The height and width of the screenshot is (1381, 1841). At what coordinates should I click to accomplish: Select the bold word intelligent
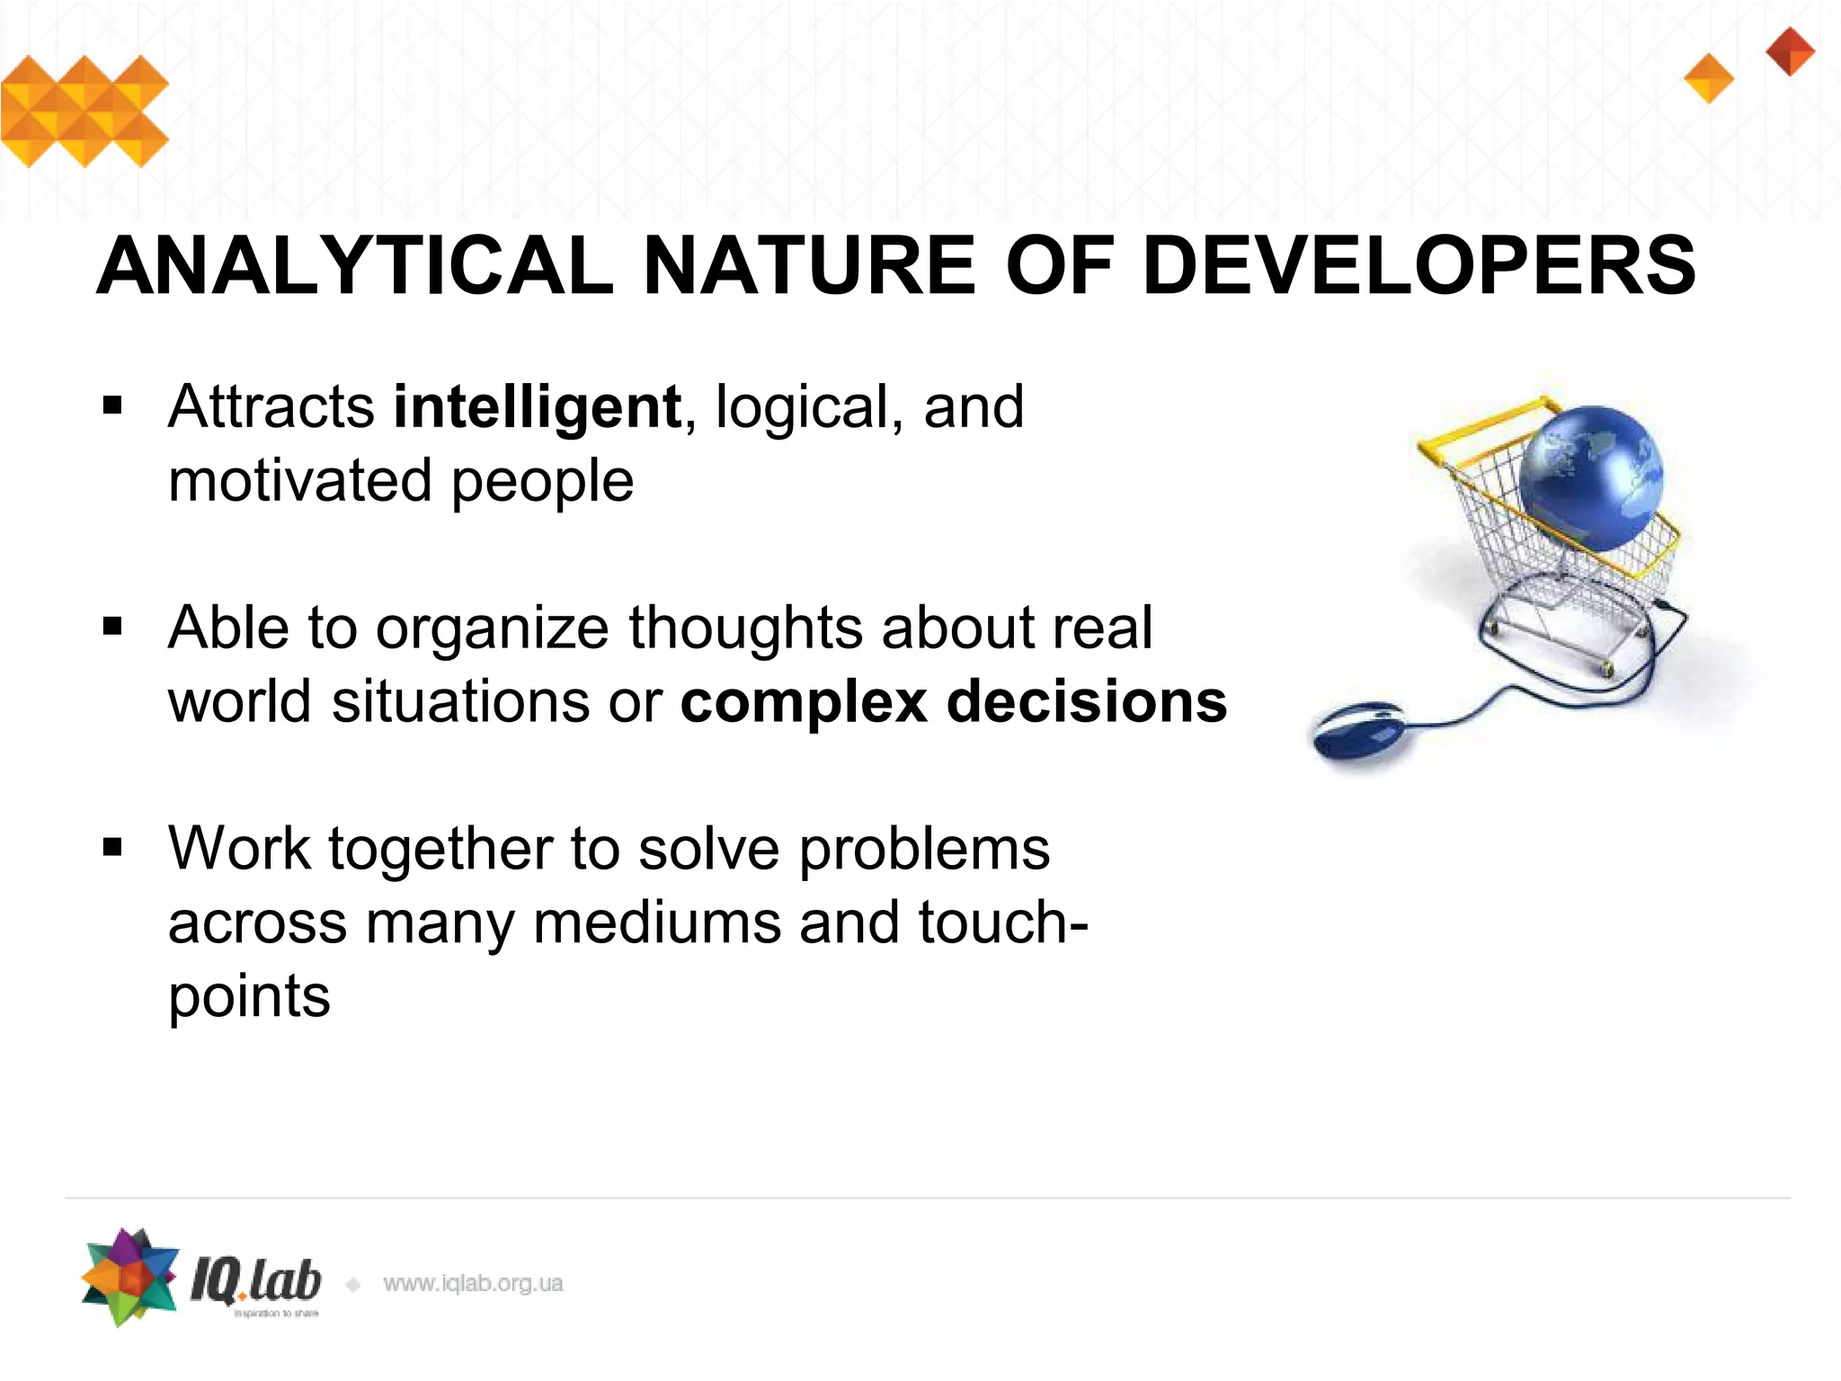[x=538, y=408]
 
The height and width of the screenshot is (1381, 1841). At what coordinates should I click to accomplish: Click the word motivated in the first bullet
[x=300, y=481]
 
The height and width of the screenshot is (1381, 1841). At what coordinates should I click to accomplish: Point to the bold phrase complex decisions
[x=953, y=702]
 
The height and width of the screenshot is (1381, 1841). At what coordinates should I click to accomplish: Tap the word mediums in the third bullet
[x=657, y=923]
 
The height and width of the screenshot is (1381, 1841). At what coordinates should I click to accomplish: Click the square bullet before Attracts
[x=112, y=405]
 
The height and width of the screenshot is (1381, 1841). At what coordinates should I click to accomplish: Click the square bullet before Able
[x=112, y=626]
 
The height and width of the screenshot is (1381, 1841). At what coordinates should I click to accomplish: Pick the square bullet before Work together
[x=112, y=847]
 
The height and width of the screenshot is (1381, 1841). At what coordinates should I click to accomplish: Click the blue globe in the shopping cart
[x=1592, y=477]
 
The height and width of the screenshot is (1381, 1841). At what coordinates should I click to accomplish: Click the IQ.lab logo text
[x=255, y=1280]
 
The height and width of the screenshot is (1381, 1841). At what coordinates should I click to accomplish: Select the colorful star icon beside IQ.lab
[x=130, y=1277]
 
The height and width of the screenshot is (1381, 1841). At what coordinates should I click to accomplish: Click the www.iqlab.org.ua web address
[x=473, y=1284]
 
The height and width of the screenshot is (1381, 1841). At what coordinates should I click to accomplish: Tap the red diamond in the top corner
[x=1790, y=51]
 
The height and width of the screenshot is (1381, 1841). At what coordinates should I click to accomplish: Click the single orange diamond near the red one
[x=1708, y=78]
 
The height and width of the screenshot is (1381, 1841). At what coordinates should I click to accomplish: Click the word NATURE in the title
[x=809, y=265]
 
